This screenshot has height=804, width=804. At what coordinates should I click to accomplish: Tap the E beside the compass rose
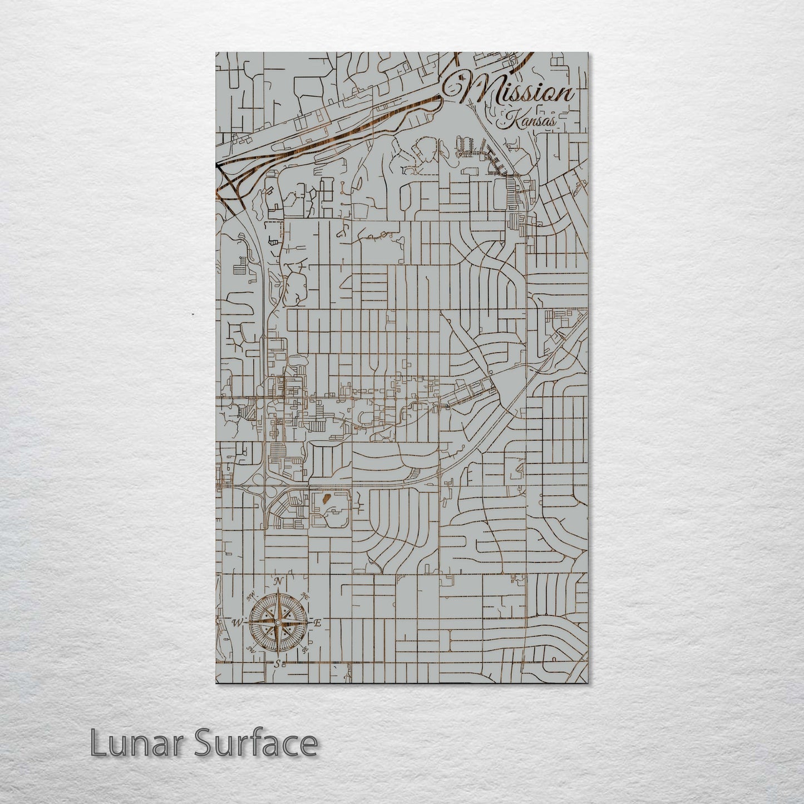[x=318, y=623]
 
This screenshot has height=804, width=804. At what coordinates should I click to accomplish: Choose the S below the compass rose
[x=277, y=663]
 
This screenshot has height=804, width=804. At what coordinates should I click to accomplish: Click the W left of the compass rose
[x=238, y=622]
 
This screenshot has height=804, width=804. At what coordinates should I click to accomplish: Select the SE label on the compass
[x=305, y=649]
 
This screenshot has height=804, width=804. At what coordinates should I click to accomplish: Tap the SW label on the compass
[x=250, y=648]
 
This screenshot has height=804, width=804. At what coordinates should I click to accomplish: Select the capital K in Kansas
[x=509, y=118]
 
